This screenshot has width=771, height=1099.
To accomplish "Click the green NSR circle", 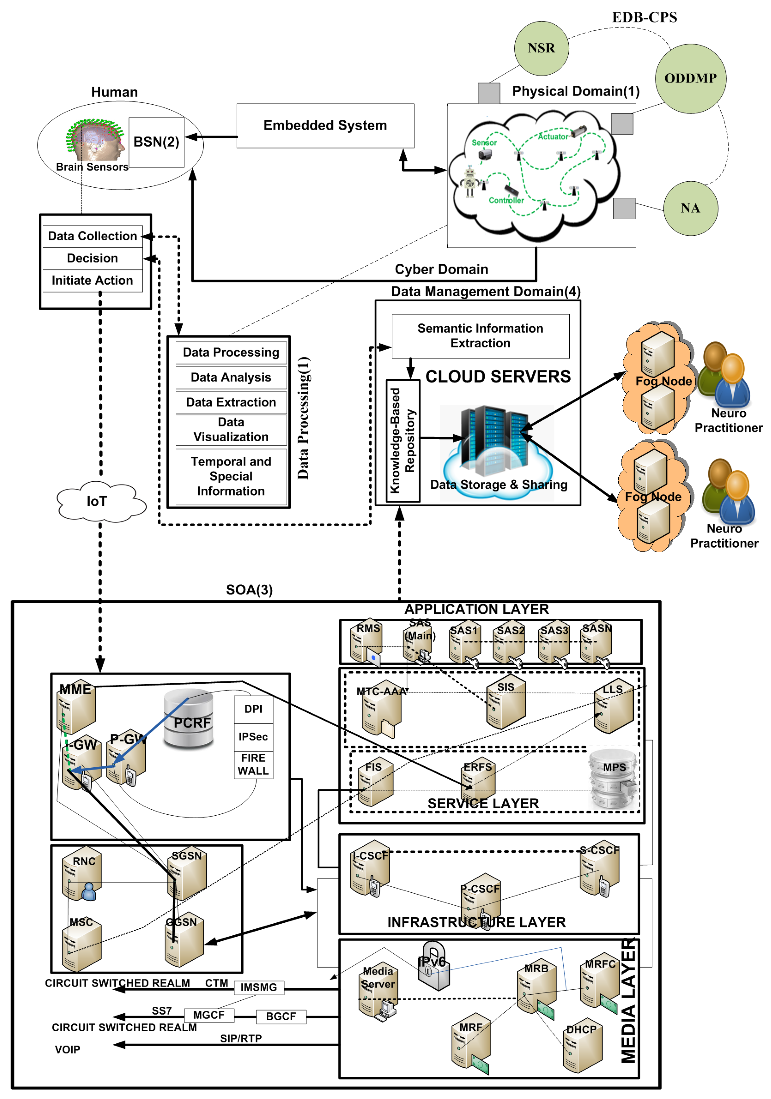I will [x=541, y=48].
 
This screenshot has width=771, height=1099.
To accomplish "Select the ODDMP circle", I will [x=690, y=79].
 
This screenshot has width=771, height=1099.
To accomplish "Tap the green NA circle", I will [x=690, y=208].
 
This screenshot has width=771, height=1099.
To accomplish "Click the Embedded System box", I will [x=325, y=125].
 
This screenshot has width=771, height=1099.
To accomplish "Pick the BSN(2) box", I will [x=156, y=142].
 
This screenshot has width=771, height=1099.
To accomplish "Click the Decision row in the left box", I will [x=92, y=259].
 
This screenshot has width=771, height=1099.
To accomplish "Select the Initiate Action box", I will [x=92, y=280].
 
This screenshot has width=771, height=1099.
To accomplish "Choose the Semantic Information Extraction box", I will [x=480, y=336].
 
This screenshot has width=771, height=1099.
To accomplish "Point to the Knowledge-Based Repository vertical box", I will [x=403, y=440].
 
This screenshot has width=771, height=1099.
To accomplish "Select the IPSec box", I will [x=253, y=737].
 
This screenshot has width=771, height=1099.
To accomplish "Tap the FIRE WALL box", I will [x=253, y=765].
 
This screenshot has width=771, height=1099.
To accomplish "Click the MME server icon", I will [x=76, y=708].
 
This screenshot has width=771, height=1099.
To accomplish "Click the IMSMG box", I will [x=259, y=987].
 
